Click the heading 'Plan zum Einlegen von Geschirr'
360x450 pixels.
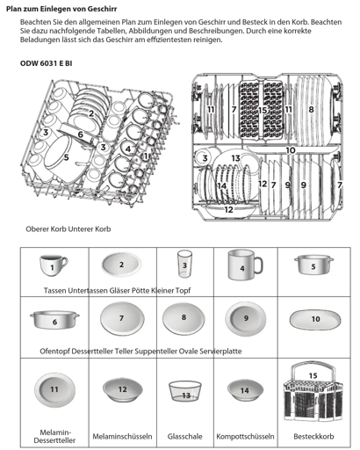click(61, 9)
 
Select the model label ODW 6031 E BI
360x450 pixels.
click(46, 63)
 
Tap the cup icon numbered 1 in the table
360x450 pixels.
click(54, 265)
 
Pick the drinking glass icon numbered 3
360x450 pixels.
click(184, 264)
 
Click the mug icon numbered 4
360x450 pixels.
click(245, 265)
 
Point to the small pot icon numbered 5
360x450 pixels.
click(313, 264)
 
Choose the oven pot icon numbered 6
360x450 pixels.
click(54, 320)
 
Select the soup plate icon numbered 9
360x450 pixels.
click(246, 319)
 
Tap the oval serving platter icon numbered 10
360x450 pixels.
click(315, 319)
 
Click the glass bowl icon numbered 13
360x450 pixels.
click(185, 391)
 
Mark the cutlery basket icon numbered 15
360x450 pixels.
click(313, 391)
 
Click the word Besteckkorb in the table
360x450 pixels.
click(313, 436)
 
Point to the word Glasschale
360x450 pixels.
click(185, 436)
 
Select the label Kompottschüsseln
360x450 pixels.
click(245, 436)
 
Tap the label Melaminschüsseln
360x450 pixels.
click(122, 436)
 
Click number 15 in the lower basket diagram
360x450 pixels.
click(263, 110)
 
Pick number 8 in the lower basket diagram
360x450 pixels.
click(311, 110)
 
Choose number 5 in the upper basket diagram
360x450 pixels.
click(67, 157)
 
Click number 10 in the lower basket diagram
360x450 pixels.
click(291, 150)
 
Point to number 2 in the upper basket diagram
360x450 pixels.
click(91, 113)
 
